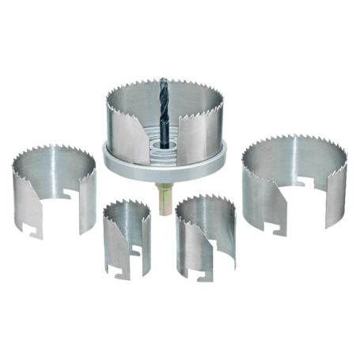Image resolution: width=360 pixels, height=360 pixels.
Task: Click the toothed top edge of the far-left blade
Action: coord(47,153)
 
